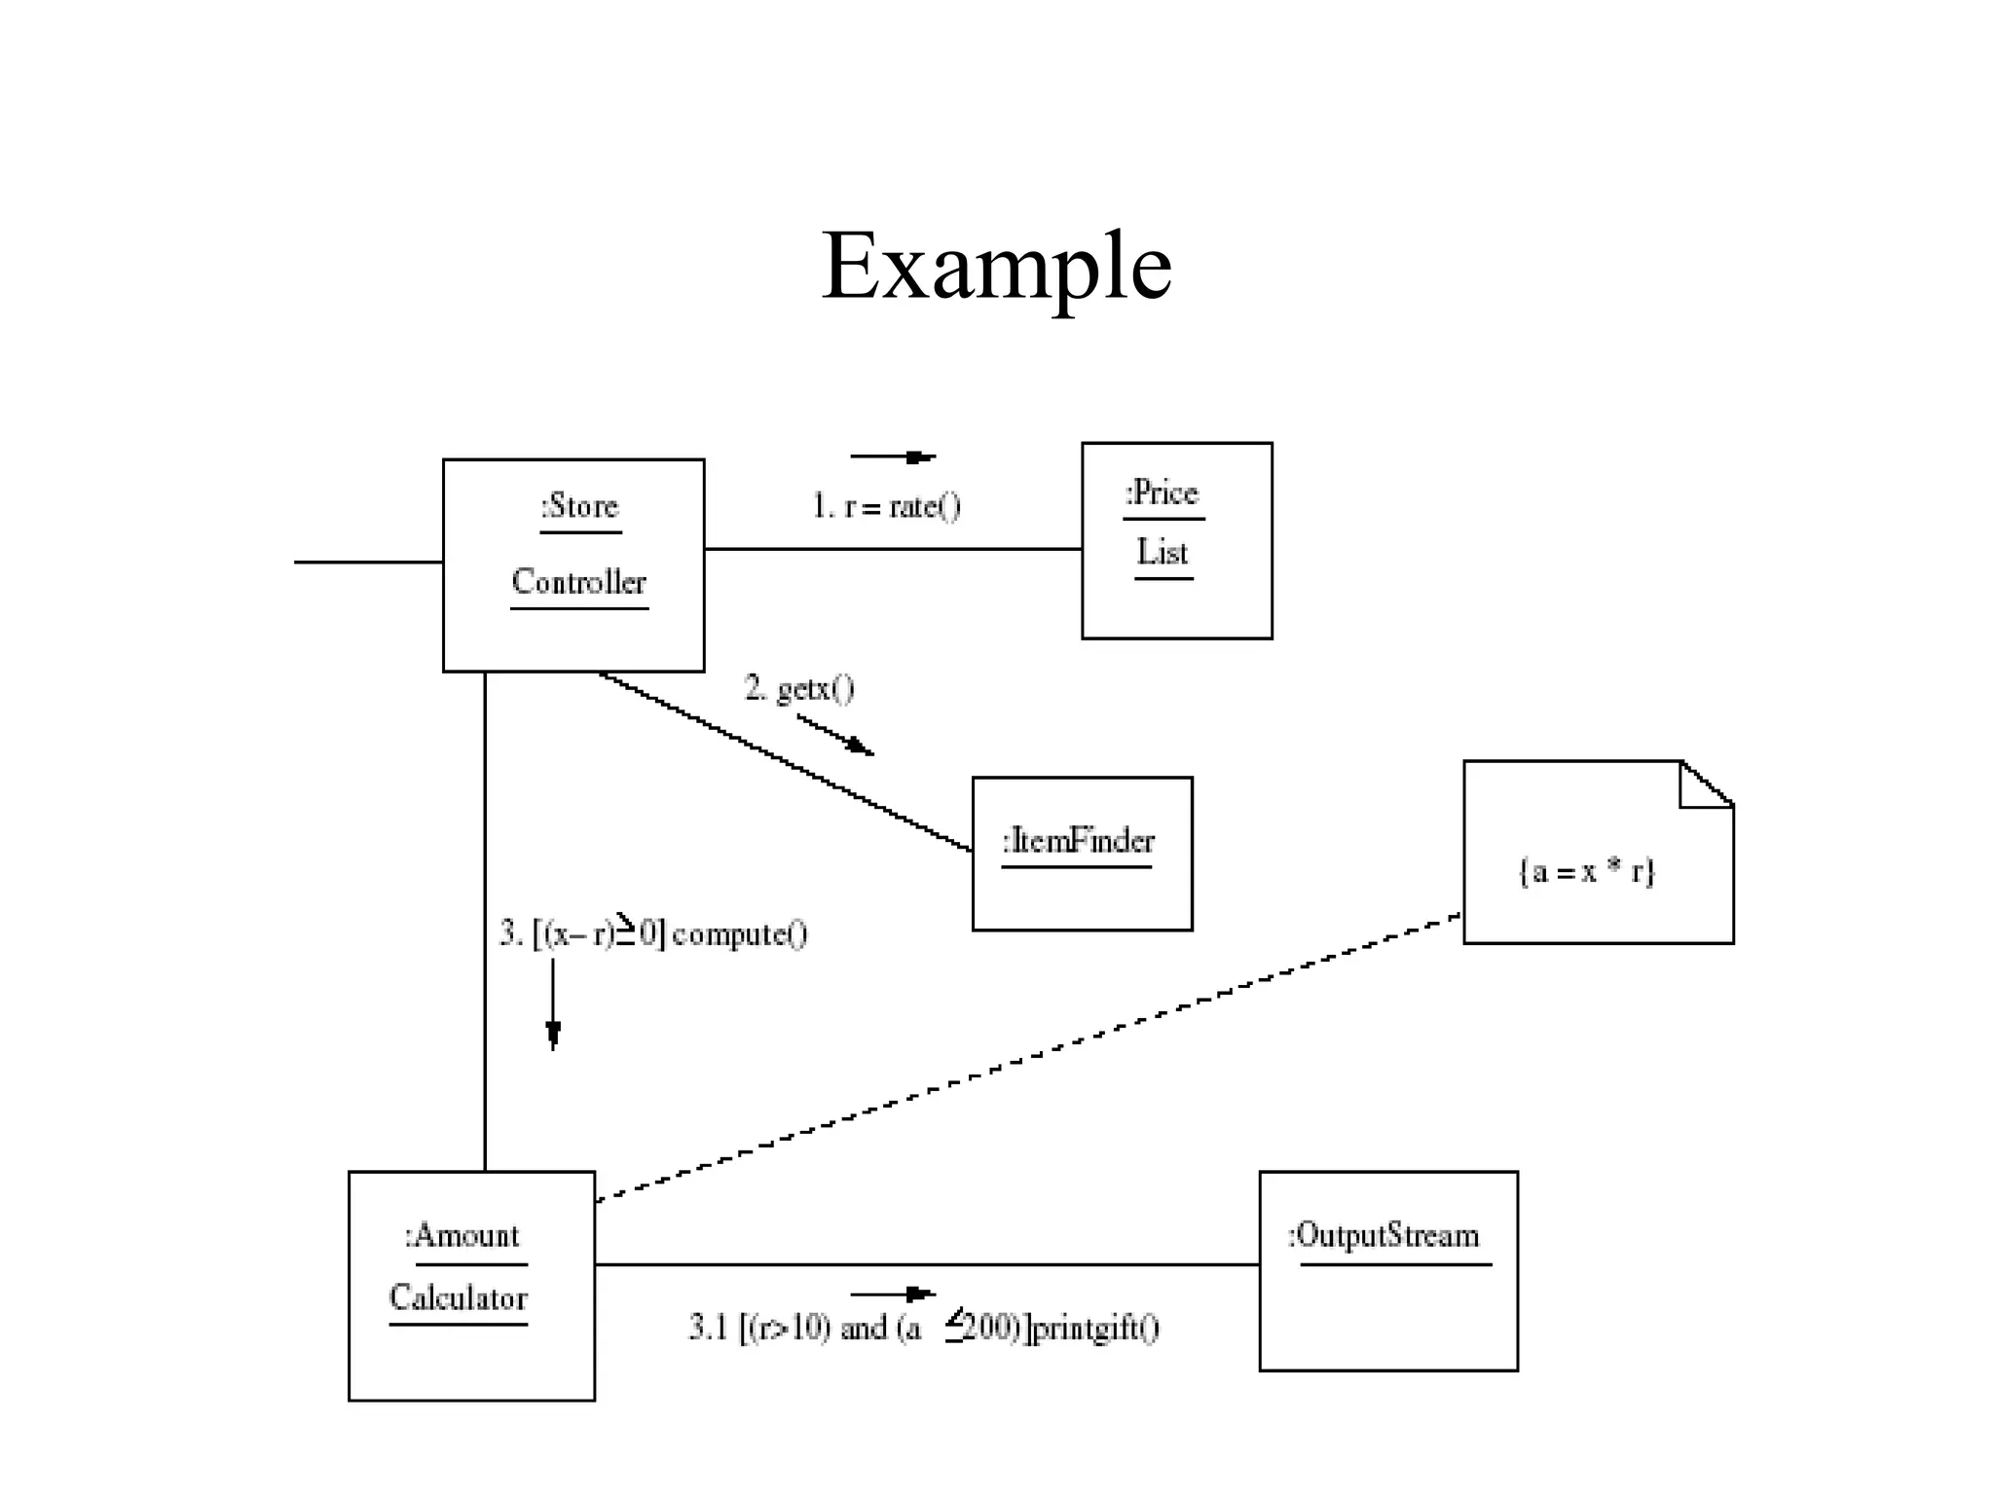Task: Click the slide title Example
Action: pyautogui.click(x=996, y=265)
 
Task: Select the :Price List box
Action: pyautogui.click(x=1176, y=603)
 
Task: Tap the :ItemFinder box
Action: pyautogui.click(x=1082, y=895)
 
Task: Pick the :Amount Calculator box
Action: pyautogui.click(x=471, y=1363)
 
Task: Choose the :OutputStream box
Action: pyautogui.click(x=1387, y=1314)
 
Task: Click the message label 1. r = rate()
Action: pyautogui.click(x=886, y=506)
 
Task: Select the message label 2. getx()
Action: pyautogui.click(x=799, y=688)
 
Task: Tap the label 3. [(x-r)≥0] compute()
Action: pyautogui.click(x=653, y=933)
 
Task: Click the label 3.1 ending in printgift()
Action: pyautogui.click(x=924, y=1328)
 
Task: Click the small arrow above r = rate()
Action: pyautogui.click(x=893, y=456)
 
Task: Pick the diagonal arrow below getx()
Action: pyautogui.click(x=835, y=735)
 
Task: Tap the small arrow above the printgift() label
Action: pyautogui.click(x=893, y=1294)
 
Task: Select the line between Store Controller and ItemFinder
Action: pyautogui.click(x=785, y=760)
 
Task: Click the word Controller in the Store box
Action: pyautogui.click(x=578, y=582)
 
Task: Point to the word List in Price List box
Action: pyautogui.click(x=1163, y=552)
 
